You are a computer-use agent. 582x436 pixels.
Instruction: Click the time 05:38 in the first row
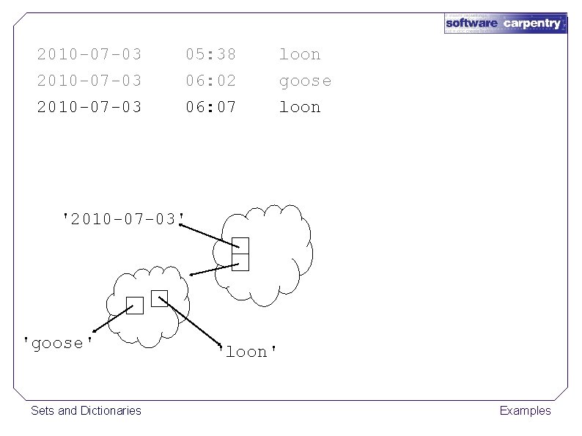pyautogui.click(x=210, y=54)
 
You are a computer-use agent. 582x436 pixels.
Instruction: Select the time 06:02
pyautogui.click(x=210, y=81)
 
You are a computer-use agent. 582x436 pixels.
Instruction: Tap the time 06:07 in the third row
pyautogui.click(x=210, y=107)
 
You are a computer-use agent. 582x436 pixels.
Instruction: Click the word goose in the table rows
pyautogui.click(x=304, y=81)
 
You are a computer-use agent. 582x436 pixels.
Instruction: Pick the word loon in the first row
pyautogui.click(x=299, y=54)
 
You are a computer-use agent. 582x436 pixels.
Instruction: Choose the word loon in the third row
pyautogui.click(x=299, y=107)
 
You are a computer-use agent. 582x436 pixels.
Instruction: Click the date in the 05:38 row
pyautogui.click(x=89, y=54)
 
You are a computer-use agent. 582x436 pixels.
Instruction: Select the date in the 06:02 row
pyautogui.click(x=89, y=81)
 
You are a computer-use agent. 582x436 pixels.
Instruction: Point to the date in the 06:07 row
pyautogui.click(x=89, y=107)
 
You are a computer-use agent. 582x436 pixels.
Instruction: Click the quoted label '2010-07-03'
pyautogui.click(x=123, y=218)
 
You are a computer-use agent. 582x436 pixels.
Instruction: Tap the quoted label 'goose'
pyautogui.click(x=58, y=343)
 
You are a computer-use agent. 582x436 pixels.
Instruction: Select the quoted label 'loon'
pyautogui.click(x=248, y=352)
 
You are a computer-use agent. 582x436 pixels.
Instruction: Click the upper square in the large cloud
pyautogui.click(x=240, y=246)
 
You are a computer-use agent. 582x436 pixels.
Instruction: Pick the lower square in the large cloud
pyautogui.click(x=240, y=262)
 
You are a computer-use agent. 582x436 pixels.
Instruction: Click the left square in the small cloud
pyautogui.click(x=134, y=306)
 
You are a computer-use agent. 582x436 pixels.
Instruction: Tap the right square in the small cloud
pyautogui.click(x=159, y=298)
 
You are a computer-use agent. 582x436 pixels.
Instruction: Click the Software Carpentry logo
pyautogui.click(x=505, y=23)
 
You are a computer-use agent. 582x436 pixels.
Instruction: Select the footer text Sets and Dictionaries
pyautogui.click(x=86, y=410)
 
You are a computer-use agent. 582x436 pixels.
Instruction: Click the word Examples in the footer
pyautogui.click(x=525, y=410)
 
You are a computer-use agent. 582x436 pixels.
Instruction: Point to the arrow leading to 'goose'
pyautogui.click(x=110, y=319)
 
